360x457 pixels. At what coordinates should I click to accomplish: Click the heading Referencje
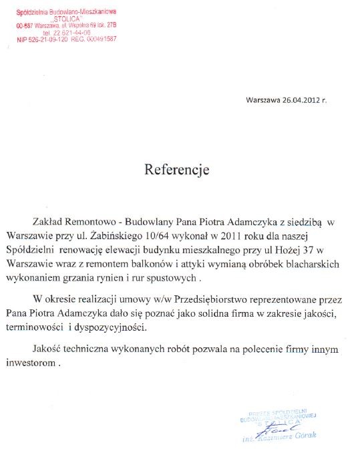click(177, 170)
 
